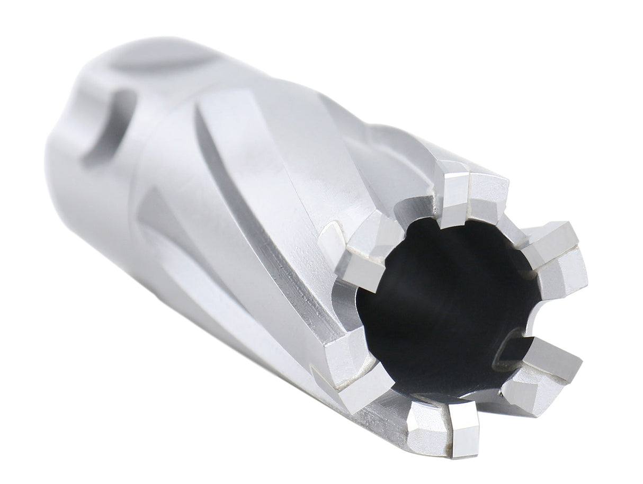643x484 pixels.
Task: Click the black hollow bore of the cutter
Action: (x=445, y=307)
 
